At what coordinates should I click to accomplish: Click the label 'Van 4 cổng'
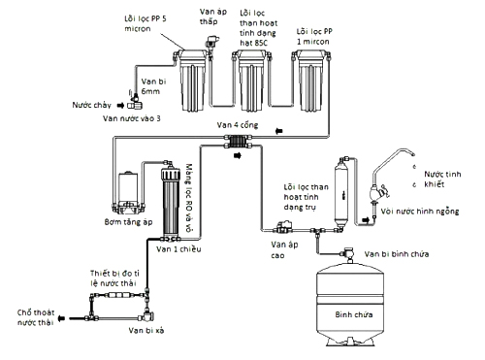point(238,125)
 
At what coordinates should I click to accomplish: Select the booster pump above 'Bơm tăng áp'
point(128,193)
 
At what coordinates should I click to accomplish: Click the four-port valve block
point(238,142)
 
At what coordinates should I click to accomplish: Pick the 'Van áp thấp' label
point(213,16)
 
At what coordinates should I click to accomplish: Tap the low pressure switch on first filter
point(211,43)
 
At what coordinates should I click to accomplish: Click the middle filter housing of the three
point(252,81)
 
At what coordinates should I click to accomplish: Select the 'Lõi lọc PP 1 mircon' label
point(314,37)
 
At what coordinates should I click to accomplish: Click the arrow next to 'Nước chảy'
point(120,106)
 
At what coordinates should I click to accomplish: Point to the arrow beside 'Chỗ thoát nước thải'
point(61,318)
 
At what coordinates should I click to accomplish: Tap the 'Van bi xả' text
point(146,330)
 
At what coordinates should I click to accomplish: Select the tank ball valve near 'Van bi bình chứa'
point(348,253)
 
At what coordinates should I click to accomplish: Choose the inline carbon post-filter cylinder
point(341,193)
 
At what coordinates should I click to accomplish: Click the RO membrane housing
point(171,203)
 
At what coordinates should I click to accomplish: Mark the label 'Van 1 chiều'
point(178,249)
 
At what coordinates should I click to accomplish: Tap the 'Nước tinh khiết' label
point(442,180)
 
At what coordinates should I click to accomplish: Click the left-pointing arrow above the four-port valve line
point(278,131)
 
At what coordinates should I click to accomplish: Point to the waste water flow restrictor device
point(117,295)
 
